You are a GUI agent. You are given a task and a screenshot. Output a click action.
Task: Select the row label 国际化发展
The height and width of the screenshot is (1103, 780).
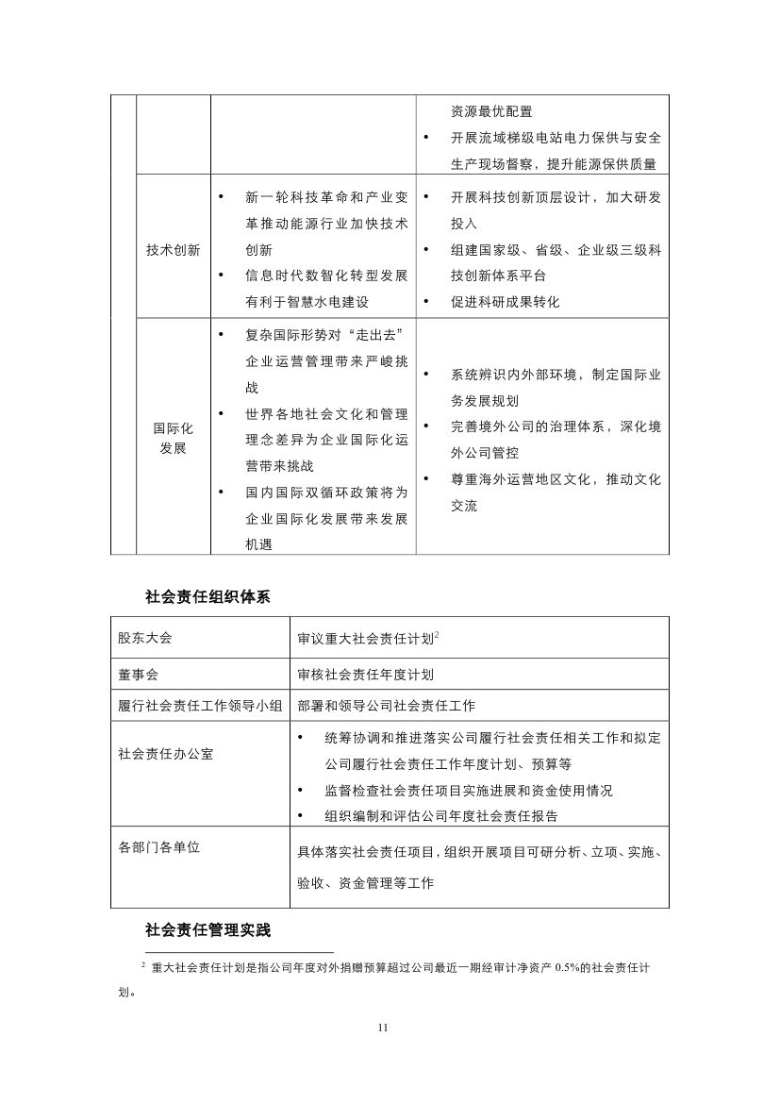point(174,438)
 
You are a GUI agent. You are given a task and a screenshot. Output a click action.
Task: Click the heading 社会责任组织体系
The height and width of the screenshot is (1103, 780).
point(207,596)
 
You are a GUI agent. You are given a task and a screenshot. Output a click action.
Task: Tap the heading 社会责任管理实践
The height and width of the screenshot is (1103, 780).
point(207,930)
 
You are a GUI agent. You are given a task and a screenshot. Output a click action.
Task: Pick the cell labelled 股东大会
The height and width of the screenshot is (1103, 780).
point(145,638)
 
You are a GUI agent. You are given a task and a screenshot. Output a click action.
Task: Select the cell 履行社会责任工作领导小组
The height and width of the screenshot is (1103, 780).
point(201,706)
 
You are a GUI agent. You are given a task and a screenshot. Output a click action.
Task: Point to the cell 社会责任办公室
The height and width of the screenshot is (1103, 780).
point(158,755)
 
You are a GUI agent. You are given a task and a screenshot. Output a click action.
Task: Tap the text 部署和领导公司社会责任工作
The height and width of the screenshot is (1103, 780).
point(386,706)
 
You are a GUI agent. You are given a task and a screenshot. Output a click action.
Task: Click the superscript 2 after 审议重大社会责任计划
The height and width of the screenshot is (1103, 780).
point(438,635)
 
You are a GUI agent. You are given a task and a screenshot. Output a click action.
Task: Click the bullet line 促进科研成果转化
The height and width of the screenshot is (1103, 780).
point(505,302)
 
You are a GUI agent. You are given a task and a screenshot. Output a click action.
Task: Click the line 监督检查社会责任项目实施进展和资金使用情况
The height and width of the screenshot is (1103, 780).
point(468,790)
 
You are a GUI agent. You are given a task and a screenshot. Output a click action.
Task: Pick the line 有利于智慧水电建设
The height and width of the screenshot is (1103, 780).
point(307,302)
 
